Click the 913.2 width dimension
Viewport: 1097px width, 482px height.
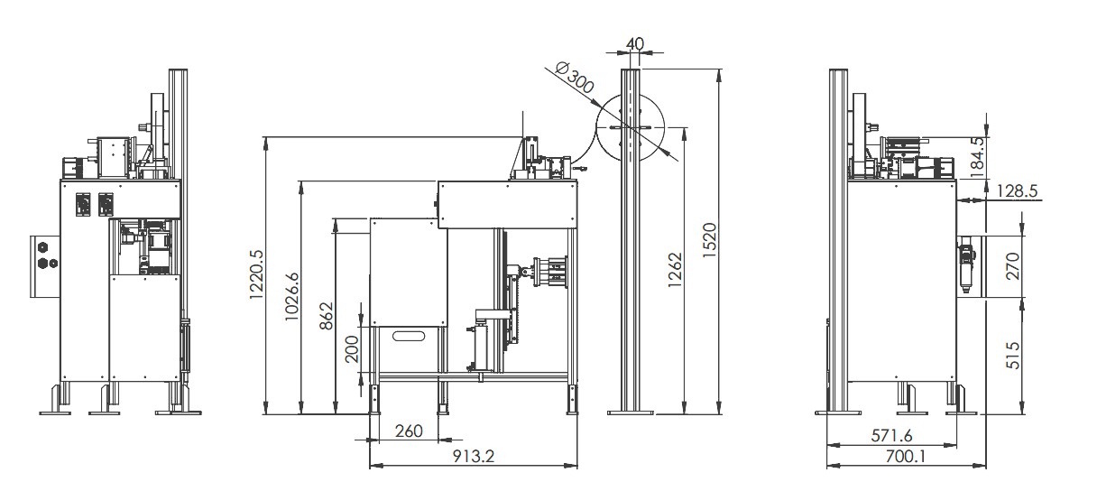(473, 457)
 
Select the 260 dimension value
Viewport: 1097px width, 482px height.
(409, 431)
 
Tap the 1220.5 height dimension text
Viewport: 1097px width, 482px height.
(256, 274)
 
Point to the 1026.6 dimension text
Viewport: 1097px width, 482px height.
(292, 297)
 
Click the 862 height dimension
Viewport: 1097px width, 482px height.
(327, 316)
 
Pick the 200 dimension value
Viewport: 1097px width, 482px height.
(352, 348)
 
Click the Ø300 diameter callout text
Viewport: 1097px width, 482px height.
(576, 78)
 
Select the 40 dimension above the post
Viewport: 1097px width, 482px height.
(635, 43)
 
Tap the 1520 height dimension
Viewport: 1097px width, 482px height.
(709, 240)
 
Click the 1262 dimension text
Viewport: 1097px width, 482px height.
(675, 269)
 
